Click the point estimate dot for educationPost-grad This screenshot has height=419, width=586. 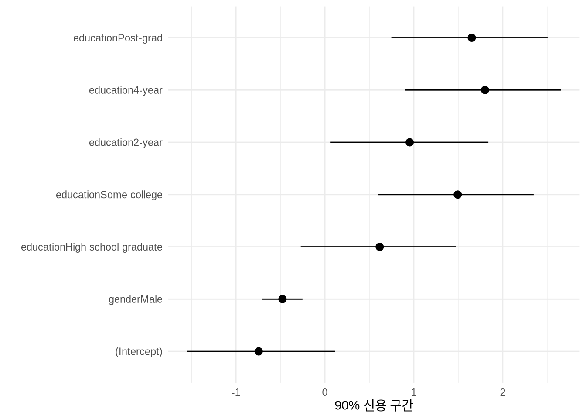[x=471, y=38]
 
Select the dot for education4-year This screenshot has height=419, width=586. [x=485, y=90]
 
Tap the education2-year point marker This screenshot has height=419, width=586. [x=409, y=142]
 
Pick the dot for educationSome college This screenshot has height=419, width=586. [x=457, y=195]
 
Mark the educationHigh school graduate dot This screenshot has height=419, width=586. [x=379, y=247]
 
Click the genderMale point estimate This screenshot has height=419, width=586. [x=282, y=299]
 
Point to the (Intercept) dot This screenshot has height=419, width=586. [x=259, y=351]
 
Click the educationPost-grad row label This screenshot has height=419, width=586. [x=118, y=38]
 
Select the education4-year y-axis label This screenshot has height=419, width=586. [x=126, y=90]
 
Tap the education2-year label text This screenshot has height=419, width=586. [x=126, y=142]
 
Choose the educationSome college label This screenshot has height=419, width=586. [x=109, y=195]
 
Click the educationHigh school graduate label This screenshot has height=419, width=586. [x=92, y=247]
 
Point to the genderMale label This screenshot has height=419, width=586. [x=135, y=299]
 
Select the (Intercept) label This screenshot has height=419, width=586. [x=139, y=351]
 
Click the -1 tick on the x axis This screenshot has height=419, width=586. [x=235, y=392]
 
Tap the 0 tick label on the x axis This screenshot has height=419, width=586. [x=325, y=392]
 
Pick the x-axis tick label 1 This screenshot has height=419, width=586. [x=413, y=392]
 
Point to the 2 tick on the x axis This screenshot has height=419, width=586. [x=503, y=392]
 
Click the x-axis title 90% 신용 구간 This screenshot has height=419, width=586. [x=373, y=405]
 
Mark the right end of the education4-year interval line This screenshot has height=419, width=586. [x=561, y=90]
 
